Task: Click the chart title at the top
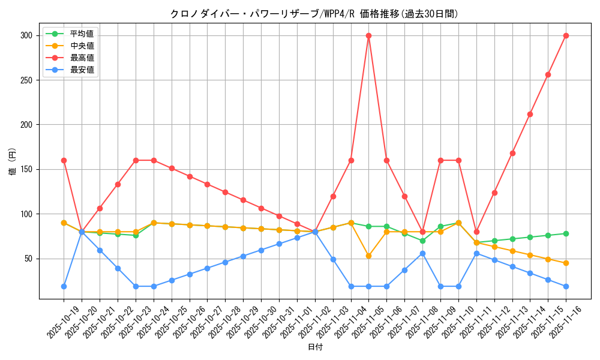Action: coord(314,14)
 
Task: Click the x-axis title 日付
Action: coord(314,347)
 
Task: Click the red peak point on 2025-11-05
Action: coord(368,35)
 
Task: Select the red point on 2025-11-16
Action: coord(566,35)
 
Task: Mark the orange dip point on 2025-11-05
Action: coord(368,256)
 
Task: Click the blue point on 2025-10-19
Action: coord(64,286)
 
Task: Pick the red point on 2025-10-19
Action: coord(64,160)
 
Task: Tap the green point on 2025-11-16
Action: coord(566,233)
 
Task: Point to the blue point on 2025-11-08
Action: coord(422,253)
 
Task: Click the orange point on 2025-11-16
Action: coord(566,263)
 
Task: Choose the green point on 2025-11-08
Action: coord(422,241)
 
